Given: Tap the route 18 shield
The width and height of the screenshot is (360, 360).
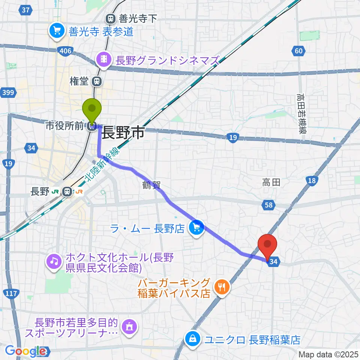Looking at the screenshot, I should tap(311, 181).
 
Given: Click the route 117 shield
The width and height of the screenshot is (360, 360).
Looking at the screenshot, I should tap(12, 293).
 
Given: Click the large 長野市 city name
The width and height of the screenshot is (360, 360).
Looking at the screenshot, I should tap(123, 133).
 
